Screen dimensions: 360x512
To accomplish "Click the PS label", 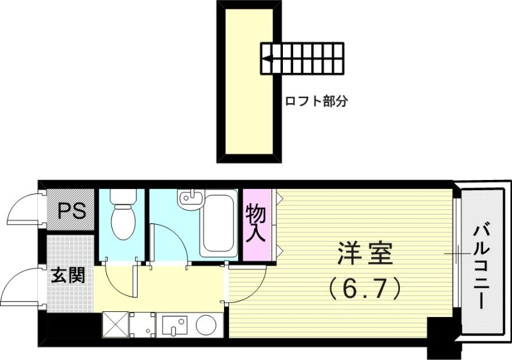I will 72,211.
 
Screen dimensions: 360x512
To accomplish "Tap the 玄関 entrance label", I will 68,277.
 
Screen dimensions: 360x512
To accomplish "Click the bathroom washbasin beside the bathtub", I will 190,200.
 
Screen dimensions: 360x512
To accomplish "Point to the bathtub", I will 220,224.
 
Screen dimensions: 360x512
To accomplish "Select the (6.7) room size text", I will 364,288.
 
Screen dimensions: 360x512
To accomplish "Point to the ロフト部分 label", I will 316,101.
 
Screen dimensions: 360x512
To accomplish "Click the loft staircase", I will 302,58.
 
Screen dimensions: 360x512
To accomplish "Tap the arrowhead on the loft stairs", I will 266,62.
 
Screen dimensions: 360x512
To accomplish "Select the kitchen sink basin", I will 173,325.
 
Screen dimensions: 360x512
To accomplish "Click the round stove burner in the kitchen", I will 206,325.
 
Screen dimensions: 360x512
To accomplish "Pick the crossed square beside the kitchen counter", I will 115,324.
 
